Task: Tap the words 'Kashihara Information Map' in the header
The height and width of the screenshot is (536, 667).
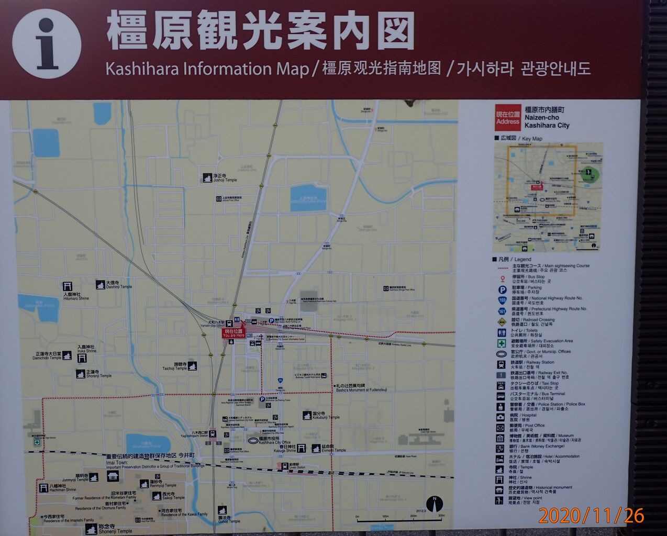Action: pos(207,69)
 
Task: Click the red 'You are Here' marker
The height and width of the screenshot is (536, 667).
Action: pos(234,333)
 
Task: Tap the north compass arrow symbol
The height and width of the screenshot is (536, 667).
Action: pos(435,503)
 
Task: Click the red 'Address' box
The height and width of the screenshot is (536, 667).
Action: pos(507,118)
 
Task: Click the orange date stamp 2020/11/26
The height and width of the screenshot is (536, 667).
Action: pos(591,516)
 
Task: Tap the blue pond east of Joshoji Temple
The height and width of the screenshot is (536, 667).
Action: pos(308,198)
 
